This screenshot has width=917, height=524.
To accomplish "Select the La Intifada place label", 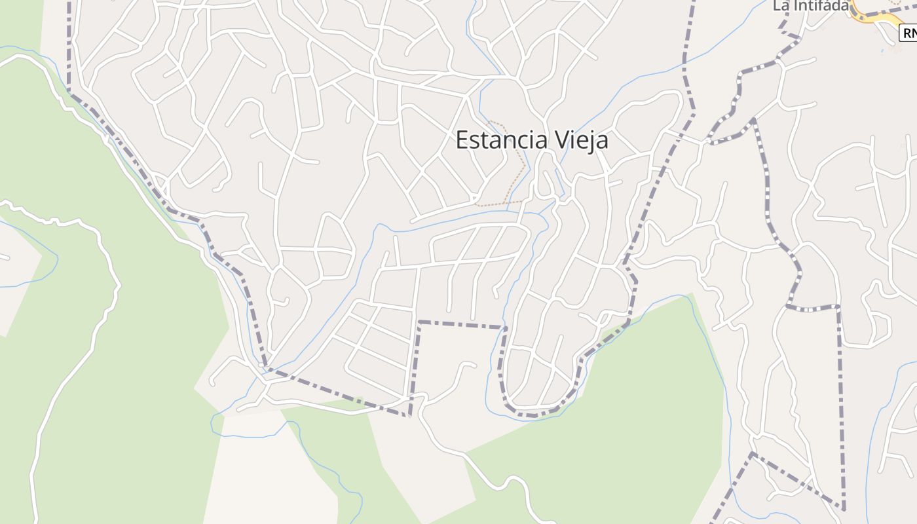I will click(x=810, y=5).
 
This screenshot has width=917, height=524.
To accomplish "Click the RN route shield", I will click(x=909, y=33).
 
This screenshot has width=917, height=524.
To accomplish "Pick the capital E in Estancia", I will click(x=462, y=140).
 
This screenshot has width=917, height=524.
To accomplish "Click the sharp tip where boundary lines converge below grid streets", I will click(x=409, y=415).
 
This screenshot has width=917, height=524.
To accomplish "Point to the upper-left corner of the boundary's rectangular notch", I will click(x=419, y=322).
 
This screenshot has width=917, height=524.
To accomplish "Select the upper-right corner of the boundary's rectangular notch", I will click(x=505, y=327).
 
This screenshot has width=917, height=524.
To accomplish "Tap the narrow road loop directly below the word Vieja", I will click(x=543, y=183).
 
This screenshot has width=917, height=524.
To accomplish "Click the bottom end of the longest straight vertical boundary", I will click(x=844, y=508).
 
